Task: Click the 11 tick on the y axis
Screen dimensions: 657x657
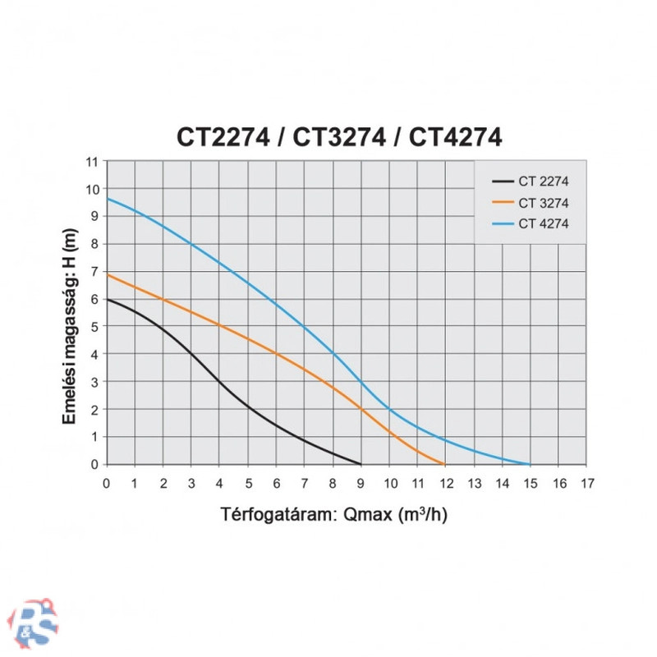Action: coord(92,161)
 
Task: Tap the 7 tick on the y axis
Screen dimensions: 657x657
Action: coord(94,271)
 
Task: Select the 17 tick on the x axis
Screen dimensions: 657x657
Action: coord(586,484)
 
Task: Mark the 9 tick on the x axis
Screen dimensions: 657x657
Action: coord(362,484)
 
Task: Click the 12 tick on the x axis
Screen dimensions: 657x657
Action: coord(446,484)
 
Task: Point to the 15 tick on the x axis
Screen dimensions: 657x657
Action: coord(530,484)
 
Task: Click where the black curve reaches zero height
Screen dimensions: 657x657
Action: coord(361,464)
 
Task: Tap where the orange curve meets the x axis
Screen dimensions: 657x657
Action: coord(445,464)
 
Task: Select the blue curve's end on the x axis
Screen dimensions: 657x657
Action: coord(530,464)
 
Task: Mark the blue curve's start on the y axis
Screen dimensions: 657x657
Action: coord(108,199)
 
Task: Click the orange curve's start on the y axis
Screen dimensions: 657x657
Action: coord(108,274)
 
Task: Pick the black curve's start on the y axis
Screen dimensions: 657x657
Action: coord(108,299)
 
